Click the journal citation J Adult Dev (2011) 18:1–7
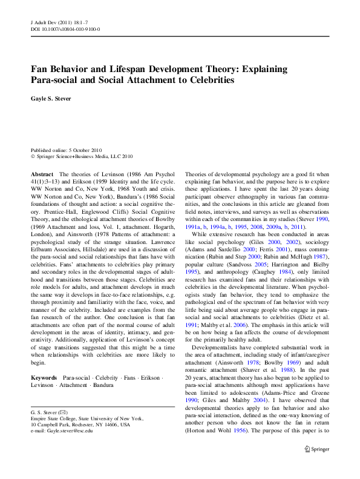tap(58, 21)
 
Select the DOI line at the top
tap(65, 28)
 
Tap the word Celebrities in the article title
tap(206, 80)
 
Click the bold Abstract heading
tap(42, 174)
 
